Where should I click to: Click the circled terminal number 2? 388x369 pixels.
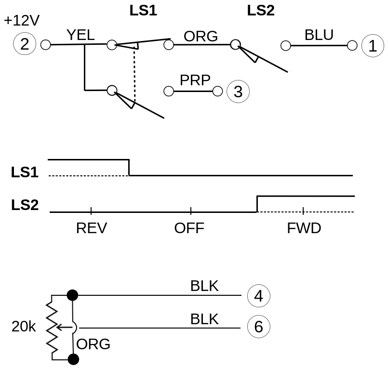25,44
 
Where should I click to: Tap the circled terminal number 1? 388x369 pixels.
372,46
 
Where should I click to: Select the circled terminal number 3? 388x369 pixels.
238,92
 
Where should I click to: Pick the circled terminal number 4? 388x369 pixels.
258,296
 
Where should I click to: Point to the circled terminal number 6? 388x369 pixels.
258,328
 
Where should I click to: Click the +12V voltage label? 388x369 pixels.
22,21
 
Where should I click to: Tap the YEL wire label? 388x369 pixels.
80,35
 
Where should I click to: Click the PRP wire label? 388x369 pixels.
195,80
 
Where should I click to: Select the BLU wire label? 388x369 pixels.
319,35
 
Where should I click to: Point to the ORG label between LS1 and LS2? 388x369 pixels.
201,36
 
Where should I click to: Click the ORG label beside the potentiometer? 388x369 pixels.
94,344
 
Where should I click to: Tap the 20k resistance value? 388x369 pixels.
24,327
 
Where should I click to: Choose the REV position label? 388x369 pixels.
92,228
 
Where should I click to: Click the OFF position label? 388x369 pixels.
189,228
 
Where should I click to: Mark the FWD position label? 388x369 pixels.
304,228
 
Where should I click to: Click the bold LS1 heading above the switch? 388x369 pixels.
143,11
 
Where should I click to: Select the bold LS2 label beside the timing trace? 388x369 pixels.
25,205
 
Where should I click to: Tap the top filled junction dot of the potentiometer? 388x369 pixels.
72,294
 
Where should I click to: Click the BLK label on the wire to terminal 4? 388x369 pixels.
204,286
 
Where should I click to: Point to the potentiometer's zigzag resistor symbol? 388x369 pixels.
52,328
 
